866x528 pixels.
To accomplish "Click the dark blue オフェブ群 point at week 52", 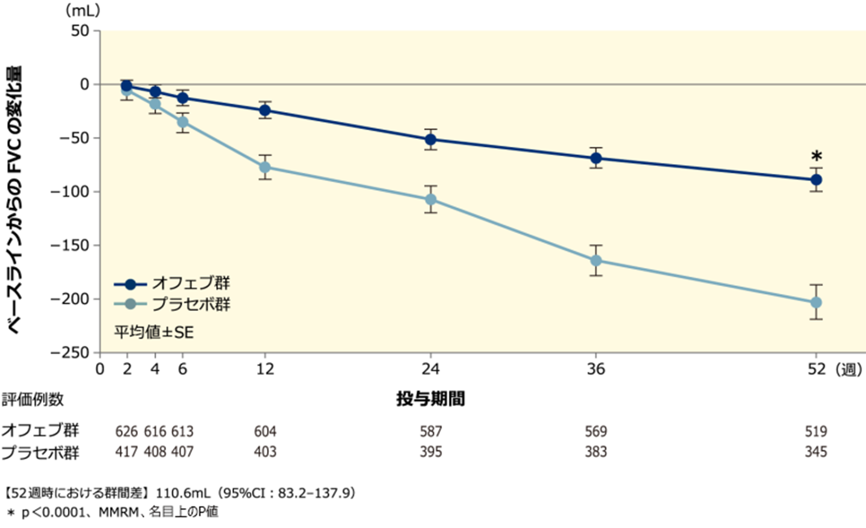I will pos(816,180).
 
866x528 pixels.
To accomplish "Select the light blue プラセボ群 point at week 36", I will pos(596,260).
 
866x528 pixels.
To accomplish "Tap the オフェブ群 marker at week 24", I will pos(431,140).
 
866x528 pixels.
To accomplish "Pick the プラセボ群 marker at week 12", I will pos(265,167).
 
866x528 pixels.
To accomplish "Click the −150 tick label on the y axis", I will pos(69,246).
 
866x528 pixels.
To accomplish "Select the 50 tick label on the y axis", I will pos(80,31).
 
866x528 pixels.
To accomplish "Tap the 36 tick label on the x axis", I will pos(596,369).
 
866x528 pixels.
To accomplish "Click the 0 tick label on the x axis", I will pos(100,369).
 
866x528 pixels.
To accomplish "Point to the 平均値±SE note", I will pos(154,332).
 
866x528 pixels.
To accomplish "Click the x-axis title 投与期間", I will pos(430,399).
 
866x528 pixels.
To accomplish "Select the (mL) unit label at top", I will pos(82,10).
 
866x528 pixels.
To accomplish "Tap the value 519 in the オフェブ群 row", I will pos(816,431).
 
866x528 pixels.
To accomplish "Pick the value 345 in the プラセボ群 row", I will pos(816,452).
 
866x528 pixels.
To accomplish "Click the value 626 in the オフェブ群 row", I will pos(127,431).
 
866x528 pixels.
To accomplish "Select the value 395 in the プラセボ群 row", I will pos(431,452).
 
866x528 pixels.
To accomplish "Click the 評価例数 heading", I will pos(32,400).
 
